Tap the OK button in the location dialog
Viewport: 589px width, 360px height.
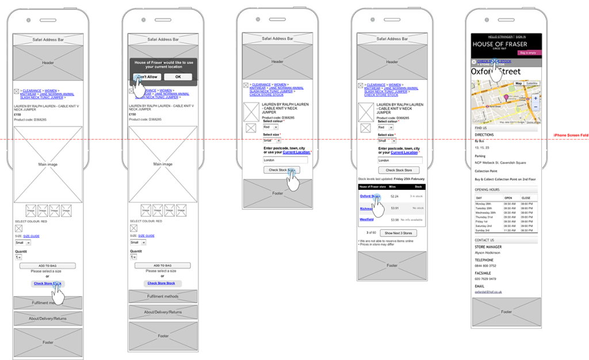tap(178, 76)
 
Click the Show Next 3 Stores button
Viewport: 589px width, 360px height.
tap(399, 233)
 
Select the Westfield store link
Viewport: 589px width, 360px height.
tap(366, 219)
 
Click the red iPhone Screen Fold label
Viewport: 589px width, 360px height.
tap(571, 135)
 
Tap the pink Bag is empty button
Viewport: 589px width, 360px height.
tap(529, 52)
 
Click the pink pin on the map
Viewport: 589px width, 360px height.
tap(506, 98)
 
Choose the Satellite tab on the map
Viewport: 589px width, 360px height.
tap(532, 83)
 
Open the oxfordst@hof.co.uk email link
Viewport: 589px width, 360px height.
tap(488, 292)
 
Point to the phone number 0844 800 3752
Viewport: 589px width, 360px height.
tap(485, 266)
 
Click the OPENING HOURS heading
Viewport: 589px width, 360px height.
tap(487, 189)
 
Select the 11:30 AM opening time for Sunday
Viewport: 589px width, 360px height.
tap(509, 230)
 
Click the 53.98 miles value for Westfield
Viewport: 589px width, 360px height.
tap(395, 219)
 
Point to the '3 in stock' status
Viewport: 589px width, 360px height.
tap(416, 196)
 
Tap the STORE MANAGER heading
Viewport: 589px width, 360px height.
tap(488, 247)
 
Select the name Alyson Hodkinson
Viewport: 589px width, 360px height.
tap(487, 253)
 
